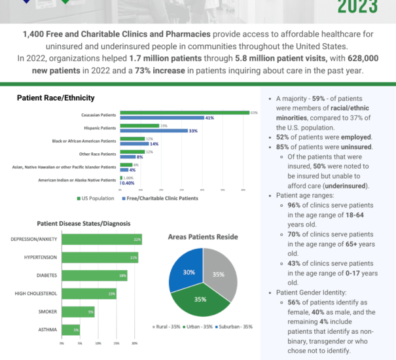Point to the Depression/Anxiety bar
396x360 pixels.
pos(101,239)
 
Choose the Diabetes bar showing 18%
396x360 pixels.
pos(94,276)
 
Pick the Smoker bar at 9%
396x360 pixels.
pos(77,312)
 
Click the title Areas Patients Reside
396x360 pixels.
pos(203,236)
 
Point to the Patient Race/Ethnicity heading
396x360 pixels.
pos(56,98)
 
